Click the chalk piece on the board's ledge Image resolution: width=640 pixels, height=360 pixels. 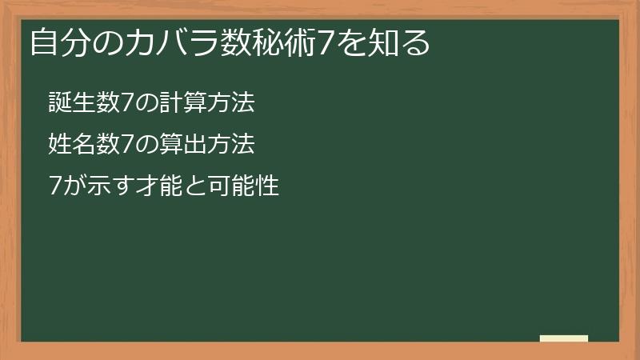(x=563, y=338)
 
